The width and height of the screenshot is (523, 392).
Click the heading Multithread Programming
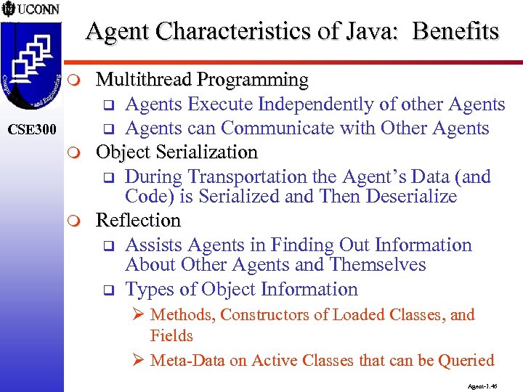click(202, 79)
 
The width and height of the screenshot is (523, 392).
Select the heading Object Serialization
click(177, 152)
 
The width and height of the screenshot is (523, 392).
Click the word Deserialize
click(413, 197)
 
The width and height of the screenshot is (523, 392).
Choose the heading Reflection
click(138, 220)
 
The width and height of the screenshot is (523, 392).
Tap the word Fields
click(171, 336)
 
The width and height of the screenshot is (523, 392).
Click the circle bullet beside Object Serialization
click(81, 153)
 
